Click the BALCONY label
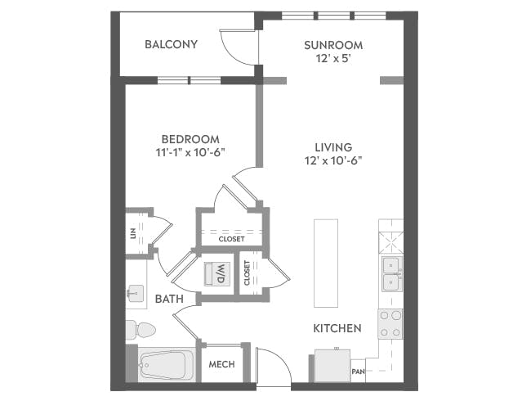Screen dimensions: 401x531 [171, 44]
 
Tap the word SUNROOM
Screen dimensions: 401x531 [332, 44]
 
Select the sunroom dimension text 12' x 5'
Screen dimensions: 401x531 [332, 60]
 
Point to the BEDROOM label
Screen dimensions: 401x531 [190, 139]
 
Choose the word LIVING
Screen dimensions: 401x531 [332, 146]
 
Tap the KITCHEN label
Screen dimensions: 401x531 [337, 328]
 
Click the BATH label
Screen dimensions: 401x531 [168, 300]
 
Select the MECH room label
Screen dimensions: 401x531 [222, 364]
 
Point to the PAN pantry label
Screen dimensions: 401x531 [358, 372]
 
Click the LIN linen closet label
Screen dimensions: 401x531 [133, 232]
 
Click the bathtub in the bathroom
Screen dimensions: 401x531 [166, 363]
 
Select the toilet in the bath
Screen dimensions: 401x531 [141, 330]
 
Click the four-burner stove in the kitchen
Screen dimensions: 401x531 [390, 323]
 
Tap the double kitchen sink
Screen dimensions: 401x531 [390, 273]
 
